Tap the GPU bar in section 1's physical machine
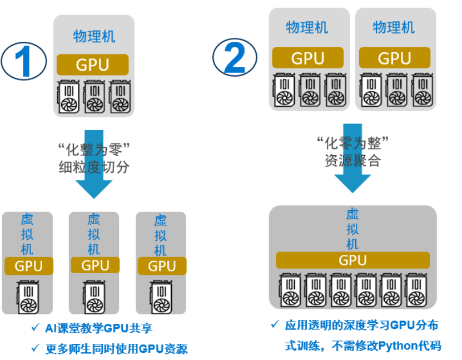(93, 65)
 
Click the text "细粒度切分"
(93, 166)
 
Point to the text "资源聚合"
(352, 160)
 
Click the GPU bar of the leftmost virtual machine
(28, 266)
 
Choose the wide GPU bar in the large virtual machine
(352, 260)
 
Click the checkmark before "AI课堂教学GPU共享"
(35, 328)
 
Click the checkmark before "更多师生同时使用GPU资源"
(35, 349)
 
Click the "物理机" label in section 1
(94, 37)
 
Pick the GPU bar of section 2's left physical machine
(307, 58)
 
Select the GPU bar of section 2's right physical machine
(394, 58)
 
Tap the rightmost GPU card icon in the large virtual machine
(416, 290)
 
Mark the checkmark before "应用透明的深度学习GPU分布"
(275, 324)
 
